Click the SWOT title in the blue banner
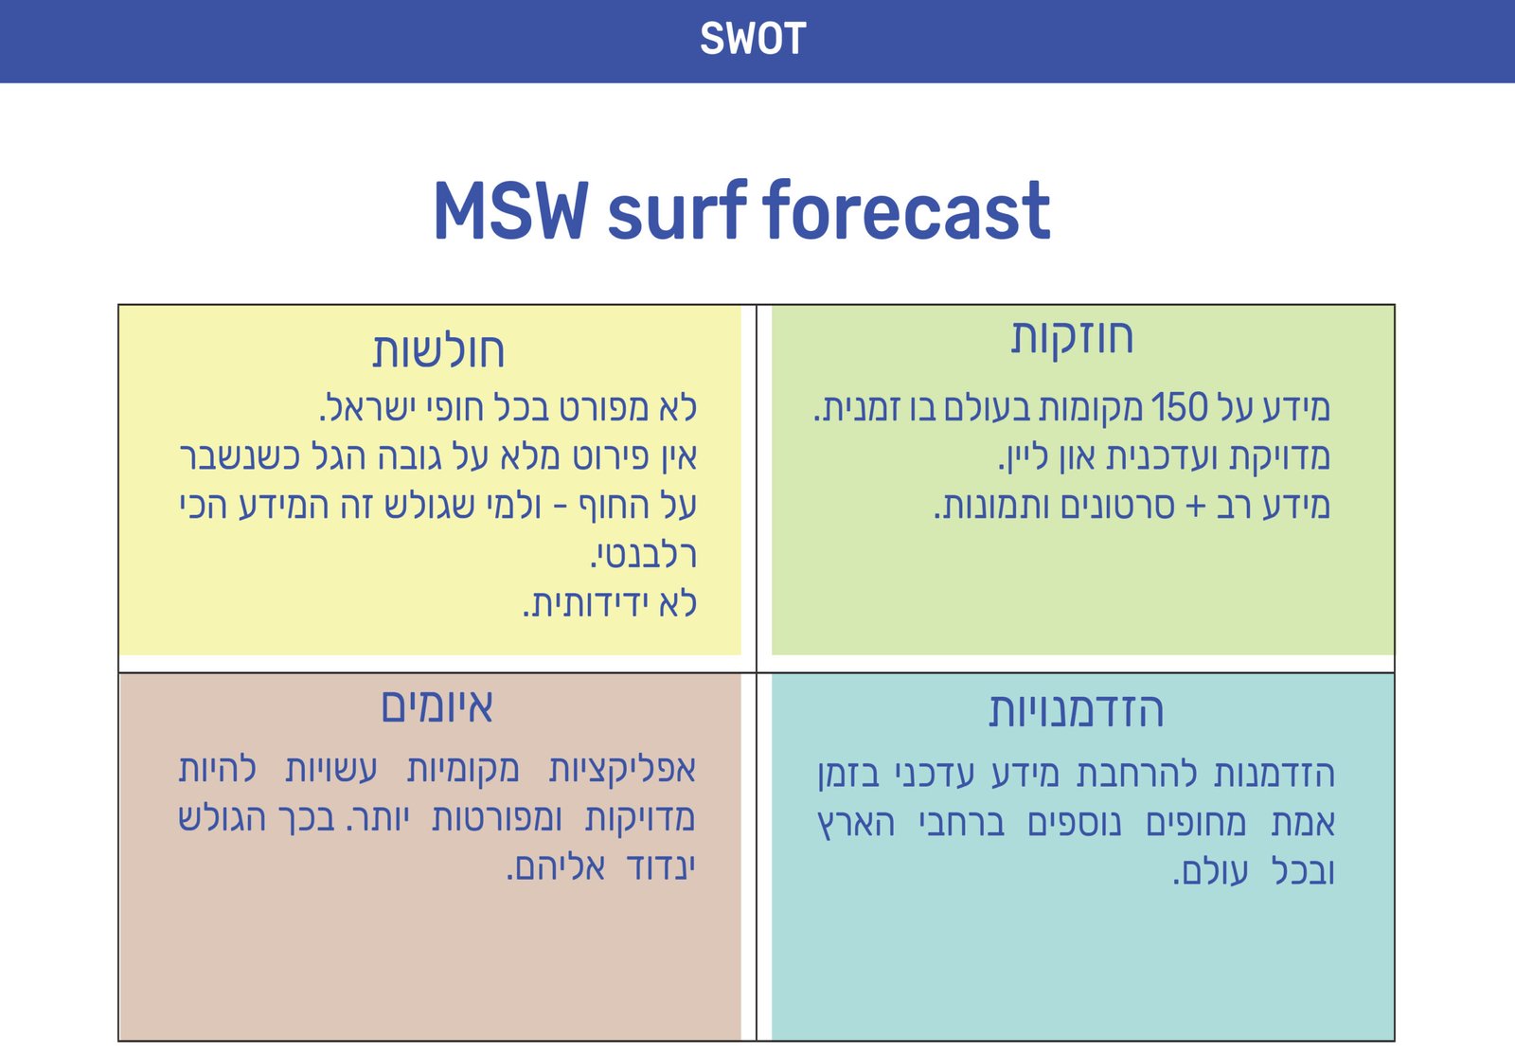tap(753, 39)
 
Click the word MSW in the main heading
tap(510, 210)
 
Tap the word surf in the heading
tap(677, 210)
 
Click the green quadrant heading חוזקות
tap(1072, 337)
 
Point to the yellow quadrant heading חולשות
tap(438, 350)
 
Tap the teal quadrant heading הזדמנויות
tap(1076, 711)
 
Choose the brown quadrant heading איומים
tap(437, 706)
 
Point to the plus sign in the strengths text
tap(1196, 507)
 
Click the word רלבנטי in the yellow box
tap(643, 555)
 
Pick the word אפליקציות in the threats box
tap(622, 770)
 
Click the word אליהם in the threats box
tap(556, 867)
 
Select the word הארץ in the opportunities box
tap(856, 823)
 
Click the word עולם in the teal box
tap(1211, 872)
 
